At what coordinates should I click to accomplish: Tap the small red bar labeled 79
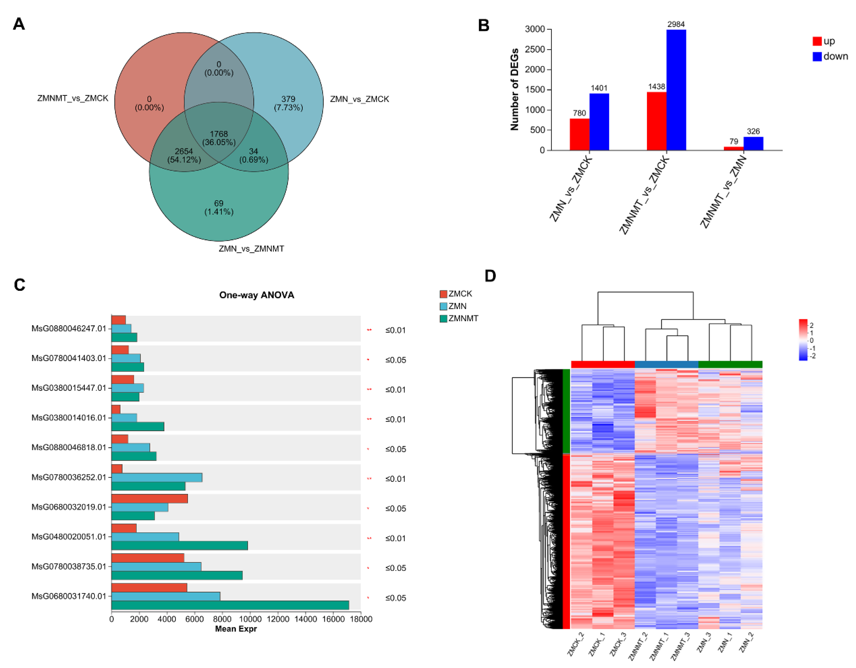point(733,148)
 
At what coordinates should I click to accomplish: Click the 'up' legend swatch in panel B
point(817,41)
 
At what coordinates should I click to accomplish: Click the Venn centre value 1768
point(219,134)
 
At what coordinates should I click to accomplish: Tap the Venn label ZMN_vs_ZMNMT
point(251,248)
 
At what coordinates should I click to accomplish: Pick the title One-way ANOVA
point(256,295)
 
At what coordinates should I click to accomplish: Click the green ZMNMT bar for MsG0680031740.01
point(230,605)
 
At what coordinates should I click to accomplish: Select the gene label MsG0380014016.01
point(69,418)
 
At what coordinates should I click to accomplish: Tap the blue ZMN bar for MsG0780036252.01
point(157,477)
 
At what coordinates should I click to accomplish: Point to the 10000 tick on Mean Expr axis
point(250,619)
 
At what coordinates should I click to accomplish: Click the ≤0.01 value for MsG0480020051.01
point(395,538)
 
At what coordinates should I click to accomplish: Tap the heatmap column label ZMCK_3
point(618,644)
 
